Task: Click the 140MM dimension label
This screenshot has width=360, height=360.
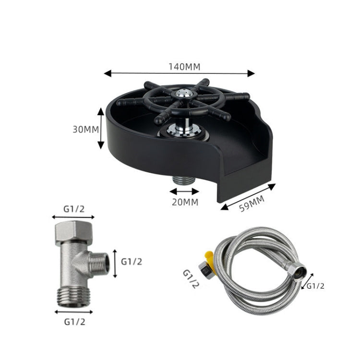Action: [184, 67]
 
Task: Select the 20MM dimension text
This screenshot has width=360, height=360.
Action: [185, 202]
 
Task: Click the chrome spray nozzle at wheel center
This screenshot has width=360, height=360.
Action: [182, 95]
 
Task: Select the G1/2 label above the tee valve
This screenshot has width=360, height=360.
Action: [74, 209]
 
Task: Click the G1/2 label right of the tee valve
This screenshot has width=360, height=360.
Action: [132, 262]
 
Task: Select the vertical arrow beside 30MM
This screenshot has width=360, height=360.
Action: [101, 129]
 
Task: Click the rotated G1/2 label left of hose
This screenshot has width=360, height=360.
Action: [191, 279]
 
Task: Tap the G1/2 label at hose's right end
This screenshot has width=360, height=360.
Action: [315, 286]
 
